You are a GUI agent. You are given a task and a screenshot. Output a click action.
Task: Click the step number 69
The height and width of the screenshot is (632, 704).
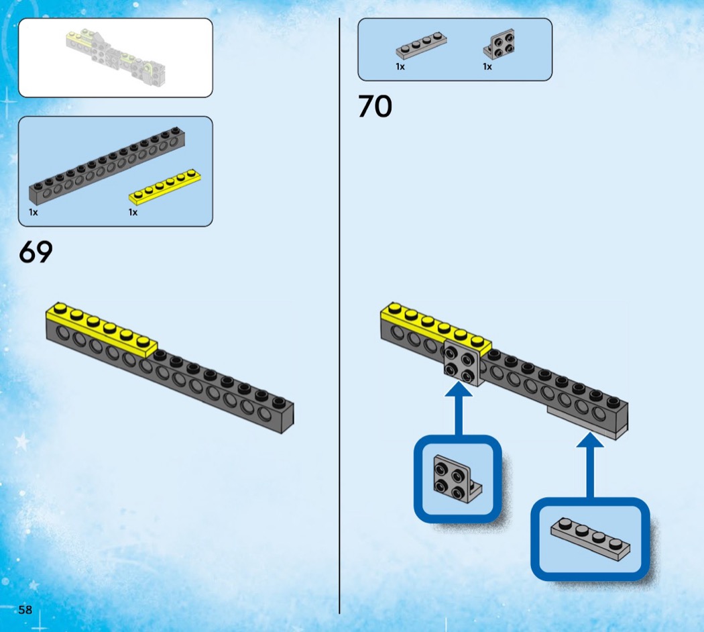(x=36, y=252)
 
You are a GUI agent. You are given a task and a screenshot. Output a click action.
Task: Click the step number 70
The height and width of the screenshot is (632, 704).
(x=375, y=107)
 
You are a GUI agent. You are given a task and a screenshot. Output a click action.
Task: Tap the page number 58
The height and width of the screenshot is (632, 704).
(x=25, y=610)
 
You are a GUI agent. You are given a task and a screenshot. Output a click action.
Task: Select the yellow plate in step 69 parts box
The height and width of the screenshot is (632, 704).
(x=165, y=186)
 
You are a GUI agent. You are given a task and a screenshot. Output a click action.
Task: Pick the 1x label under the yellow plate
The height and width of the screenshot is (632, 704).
(x=133, y=212)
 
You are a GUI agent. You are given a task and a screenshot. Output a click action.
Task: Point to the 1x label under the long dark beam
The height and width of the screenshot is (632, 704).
(x=34, y=212)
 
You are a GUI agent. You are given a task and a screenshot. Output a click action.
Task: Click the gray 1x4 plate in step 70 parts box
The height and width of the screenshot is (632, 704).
(x=421, y=46)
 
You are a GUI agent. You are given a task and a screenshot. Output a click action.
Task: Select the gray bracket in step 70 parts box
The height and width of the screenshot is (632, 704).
(x=499, y=44)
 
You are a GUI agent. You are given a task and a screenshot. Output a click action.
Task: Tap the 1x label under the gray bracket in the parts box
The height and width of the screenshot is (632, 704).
(x=487, y=66)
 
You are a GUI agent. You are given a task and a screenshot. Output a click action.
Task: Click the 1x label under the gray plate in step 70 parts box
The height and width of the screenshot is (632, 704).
(x=400, y=66)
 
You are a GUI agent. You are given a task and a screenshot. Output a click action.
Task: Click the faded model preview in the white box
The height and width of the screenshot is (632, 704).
(x=116, y=58)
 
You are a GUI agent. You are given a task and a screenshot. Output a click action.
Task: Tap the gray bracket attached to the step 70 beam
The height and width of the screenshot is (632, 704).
(x=463, y=363)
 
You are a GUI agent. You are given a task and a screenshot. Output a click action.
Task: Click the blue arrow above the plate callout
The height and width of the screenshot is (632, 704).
(x=590, y=465)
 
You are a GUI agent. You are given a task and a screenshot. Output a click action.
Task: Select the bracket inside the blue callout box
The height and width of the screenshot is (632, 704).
(x=457, y=479)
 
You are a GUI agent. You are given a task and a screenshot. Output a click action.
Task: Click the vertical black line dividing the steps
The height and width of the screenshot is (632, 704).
(x=339, y=316)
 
